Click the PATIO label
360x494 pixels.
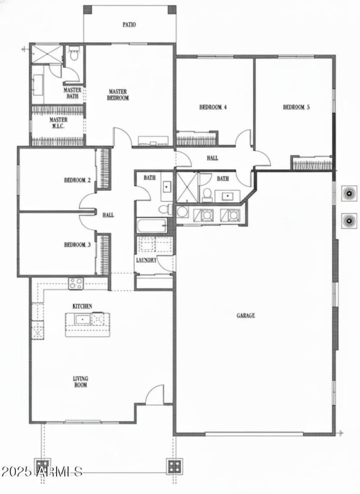tap(129, 25)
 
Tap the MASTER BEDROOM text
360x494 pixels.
tap(119, 94)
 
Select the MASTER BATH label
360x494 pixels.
tap(72, 93)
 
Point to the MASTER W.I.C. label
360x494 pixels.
tap(58, 123)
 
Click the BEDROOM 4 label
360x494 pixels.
tap(212, 107)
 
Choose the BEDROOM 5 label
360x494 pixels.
tap(296, 107)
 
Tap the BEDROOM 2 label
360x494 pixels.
tap(77, 180)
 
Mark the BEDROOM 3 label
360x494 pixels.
tap(77, 245)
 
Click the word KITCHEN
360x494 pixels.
tap(82, 306)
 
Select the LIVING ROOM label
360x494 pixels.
tap(81, 382)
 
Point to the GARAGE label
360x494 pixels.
tap(246, 316)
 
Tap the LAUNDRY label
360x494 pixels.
tap(146, 261)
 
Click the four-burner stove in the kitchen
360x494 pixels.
tap(76, 284)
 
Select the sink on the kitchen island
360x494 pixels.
tap(84, 320)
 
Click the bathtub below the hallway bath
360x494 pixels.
tap(152, 226)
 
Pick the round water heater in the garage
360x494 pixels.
tap(182, 211)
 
